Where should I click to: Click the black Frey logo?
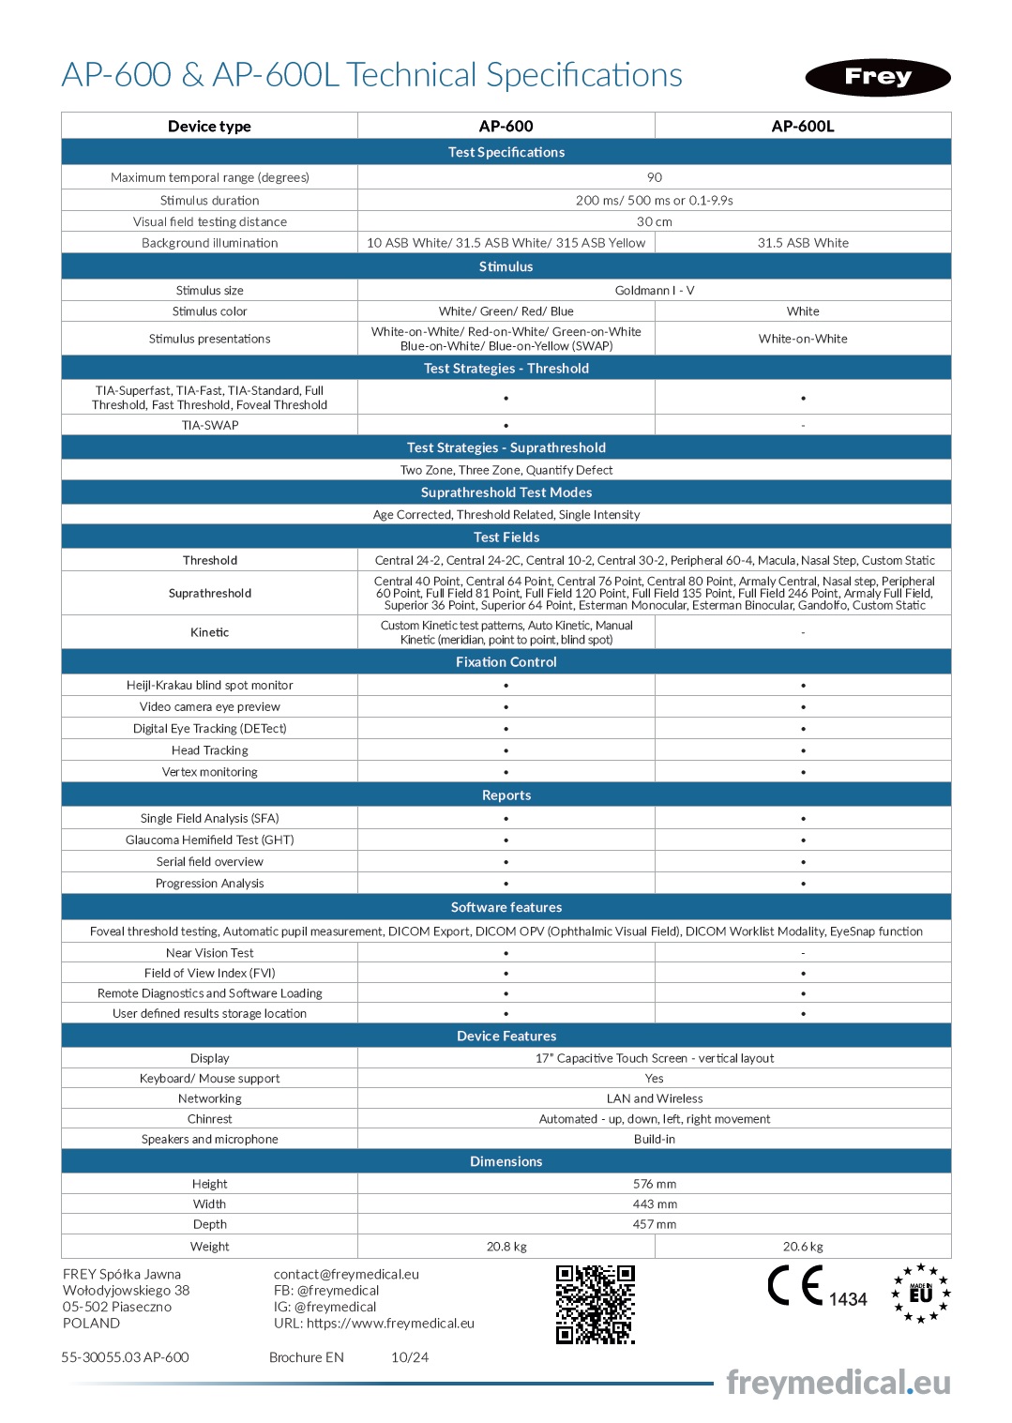coord(877,77)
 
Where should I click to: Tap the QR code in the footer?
coord(595,1304)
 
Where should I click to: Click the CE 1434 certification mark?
coord(816,1287)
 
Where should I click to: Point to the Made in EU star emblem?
coord(920,1294)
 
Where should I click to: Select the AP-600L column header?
coord(803,126)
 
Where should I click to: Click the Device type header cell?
coord(209,126)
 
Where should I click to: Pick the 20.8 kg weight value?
coord(506,1247)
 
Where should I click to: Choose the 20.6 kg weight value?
coord(803,1247)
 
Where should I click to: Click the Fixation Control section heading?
coord(506,662)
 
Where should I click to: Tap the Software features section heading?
coord(506,907)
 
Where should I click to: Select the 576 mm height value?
coord(654,1184)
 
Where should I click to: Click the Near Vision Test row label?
coord(209,953)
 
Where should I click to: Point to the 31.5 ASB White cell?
coord(803,243)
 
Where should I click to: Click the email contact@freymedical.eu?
coord(346,1274)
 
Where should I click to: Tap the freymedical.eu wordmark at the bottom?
coord(838,1383)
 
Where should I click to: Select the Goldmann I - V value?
coord(654,291)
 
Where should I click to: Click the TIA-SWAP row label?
coord(209,426)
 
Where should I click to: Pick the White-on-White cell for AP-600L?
coord(803,339)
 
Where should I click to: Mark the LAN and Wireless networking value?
coord(654,1098)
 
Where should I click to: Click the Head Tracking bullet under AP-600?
coord(506,750)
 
